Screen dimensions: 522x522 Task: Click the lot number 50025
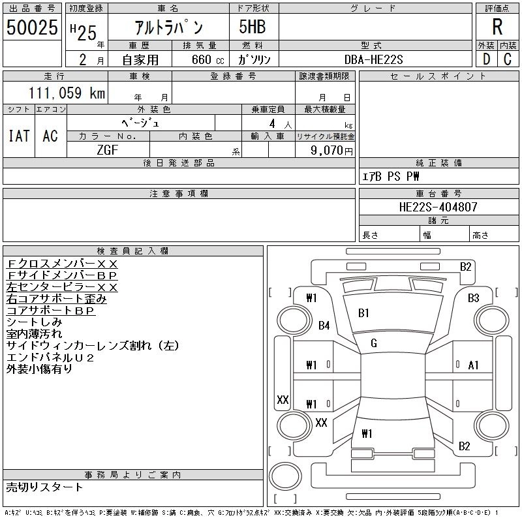click(32, 27)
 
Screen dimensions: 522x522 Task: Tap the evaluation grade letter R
click(497, 27)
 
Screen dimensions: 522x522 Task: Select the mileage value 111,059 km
click(67, 93)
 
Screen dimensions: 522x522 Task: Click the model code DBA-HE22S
click(373, 59)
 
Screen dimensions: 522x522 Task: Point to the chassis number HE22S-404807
click(438, 207)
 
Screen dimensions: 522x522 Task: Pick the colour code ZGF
click(108, 150)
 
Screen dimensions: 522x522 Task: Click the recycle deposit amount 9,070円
click(331, 151)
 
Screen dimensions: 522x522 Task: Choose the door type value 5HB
click(253, 27)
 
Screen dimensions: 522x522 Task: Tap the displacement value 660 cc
click(207, 59)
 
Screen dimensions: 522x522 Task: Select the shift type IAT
click(19, 136)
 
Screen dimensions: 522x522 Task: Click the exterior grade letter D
click(486, 59)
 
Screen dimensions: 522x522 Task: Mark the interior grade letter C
click(508, 59)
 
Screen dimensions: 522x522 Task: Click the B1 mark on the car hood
click(363, 313)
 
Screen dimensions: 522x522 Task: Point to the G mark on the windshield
click(374, 343)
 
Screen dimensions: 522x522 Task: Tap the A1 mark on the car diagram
click(473, 365)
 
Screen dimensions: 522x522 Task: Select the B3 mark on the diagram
click(474, 298)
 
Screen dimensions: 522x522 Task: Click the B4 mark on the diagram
click(324, 325)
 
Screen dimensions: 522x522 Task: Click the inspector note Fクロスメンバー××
click(62, 264)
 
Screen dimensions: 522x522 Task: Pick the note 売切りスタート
click(44, 487)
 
